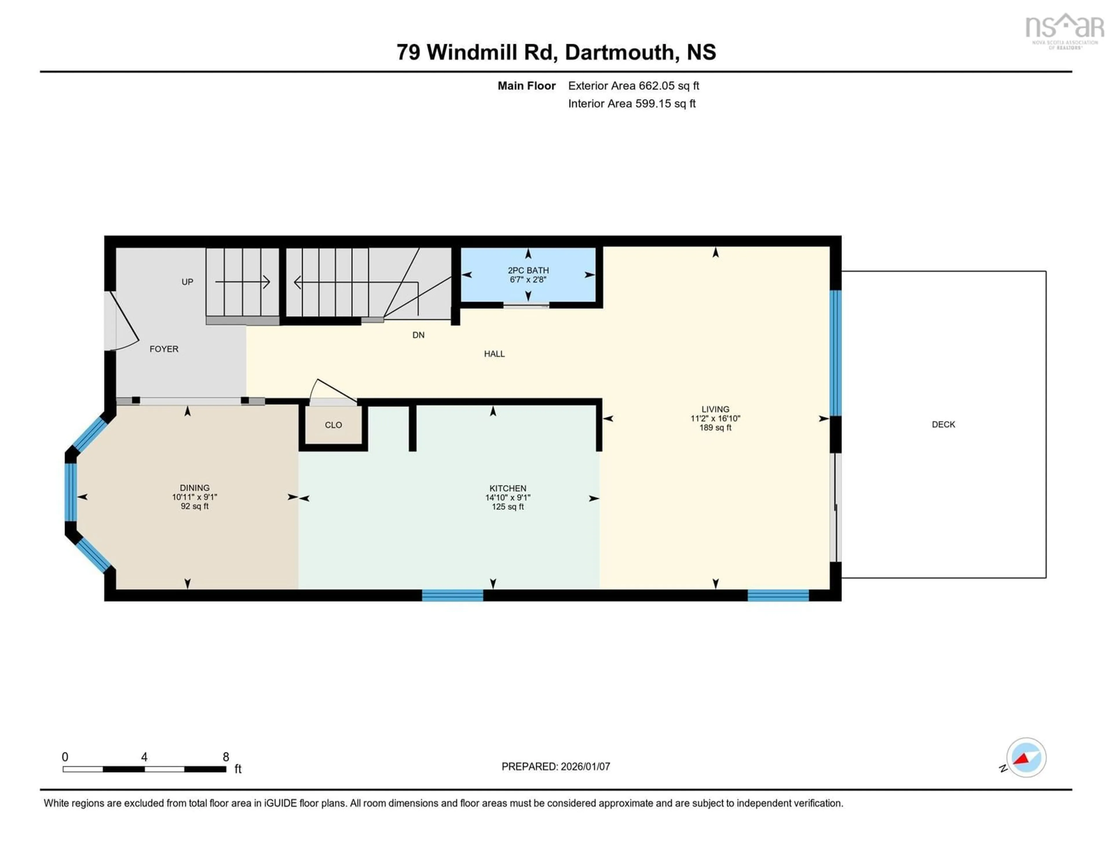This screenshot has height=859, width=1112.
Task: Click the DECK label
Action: point(943,425)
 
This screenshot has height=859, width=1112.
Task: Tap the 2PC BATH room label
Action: point(528,271)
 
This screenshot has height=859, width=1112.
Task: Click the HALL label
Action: point(494,354)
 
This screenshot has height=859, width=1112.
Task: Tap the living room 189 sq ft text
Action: point(715,428)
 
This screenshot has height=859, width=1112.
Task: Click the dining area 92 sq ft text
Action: point(195,507)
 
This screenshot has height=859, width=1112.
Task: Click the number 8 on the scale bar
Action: point(226,757)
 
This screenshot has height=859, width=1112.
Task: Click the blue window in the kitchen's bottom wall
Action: point(452,595)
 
